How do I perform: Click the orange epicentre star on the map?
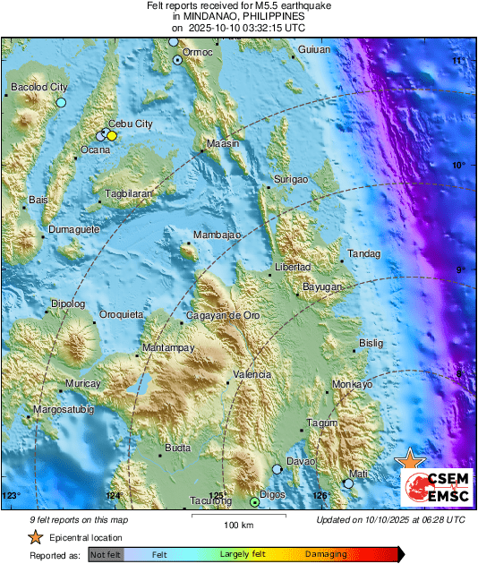click(x=410, y=460)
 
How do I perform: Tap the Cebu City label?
click(x=130, y=124)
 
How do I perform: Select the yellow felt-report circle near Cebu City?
click(x=112, y=135)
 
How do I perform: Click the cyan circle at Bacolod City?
click(x=61, y=103)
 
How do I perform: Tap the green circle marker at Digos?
click(x=254, y=504)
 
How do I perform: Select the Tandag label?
click(x=363, y=253)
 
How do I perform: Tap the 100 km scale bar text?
click(x=239, y=525)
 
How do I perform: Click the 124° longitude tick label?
click(x=113, y=495)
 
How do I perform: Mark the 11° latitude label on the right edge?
click(x=458, y=60)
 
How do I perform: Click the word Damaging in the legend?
click(x=326, y=555)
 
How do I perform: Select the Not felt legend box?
click(x=105, y=555)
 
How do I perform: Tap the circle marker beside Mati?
click(x=348, y=483)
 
